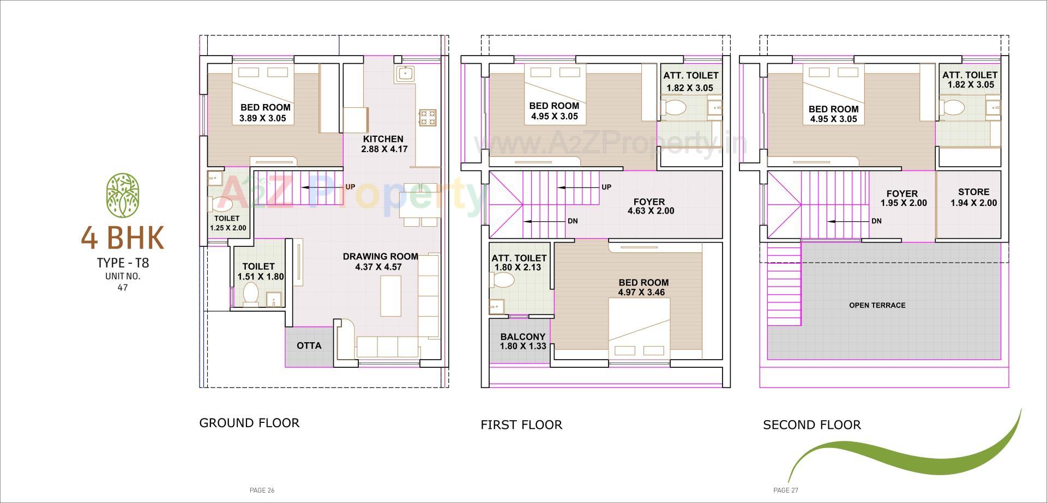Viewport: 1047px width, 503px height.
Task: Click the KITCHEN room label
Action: tap(383, 139)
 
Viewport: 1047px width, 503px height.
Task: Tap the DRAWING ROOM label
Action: tap(380, 257)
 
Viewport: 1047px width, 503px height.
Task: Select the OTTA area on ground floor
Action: tap(309, 346)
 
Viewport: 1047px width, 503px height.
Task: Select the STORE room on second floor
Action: tap(973, 197)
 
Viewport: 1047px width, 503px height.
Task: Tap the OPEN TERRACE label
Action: tap(877, 305)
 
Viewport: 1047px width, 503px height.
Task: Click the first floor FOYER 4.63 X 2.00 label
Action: tap(649, 206)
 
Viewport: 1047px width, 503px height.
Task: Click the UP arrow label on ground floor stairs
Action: tap(350, 187)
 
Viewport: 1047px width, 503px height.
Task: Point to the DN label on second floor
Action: tap(876, 221)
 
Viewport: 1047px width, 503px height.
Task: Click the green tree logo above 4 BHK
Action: tap(122, 195)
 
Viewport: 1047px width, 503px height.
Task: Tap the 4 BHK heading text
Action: tap(122, 238)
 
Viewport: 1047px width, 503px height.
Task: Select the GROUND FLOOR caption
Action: tap(249, 423)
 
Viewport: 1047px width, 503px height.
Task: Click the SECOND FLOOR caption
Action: tap(811, 425)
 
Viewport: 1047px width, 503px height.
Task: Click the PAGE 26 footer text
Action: tap(262, 490)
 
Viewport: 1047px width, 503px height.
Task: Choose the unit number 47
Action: tap(122, 287)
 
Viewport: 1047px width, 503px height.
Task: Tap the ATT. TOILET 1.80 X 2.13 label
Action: tap(519, 263)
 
